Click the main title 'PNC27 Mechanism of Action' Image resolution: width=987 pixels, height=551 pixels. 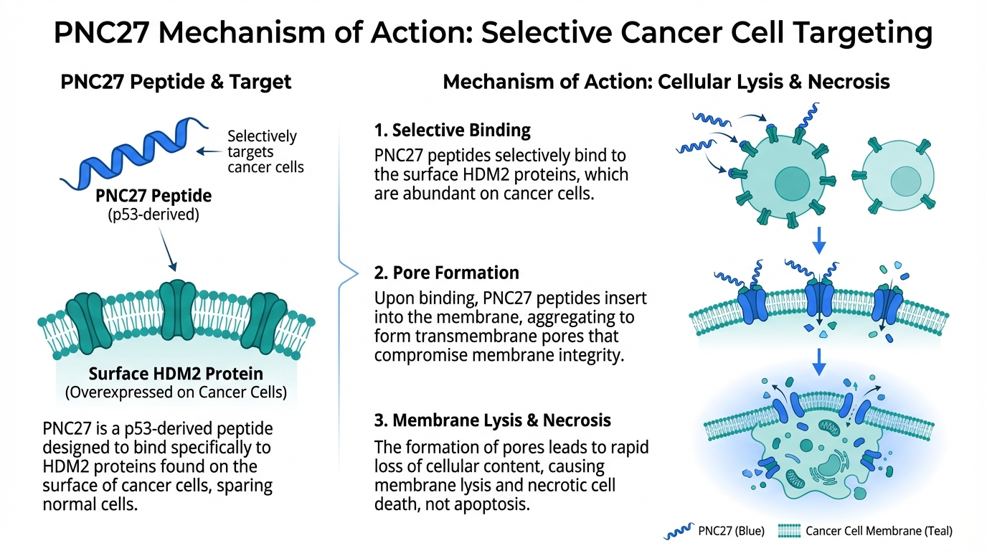click(x=493, y=33)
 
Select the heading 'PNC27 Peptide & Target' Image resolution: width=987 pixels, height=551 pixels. click(x=176, y=82)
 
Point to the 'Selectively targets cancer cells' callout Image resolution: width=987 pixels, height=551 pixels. click(x=265, y=151)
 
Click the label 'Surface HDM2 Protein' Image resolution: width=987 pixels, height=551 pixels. click(x=176, y=374)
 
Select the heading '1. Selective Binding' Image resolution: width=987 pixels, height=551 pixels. click(x=452, y=131)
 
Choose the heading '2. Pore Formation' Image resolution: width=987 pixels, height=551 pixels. click(x=445, y=273)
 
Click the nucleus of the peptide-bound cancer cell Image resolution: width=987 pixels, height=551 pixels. click(x=791, y=183)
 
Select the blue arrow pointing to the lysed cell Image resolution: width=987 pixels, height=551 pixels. click(x=818, y=364)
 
